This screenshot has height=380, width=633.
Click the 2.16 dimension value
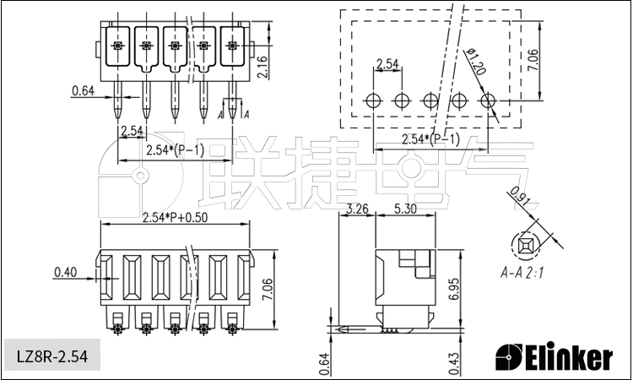(262, 67)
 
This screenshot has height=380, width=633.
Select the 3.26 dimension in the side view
(357, 209)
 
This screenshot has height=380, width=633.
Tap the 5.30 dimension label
(405, 209)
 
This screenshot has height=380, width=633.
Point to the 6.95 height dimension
(454, 289)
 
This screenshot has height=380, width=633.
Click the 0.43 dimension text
(454, 364)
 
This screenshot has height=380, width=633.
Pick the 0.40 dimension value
(65, 273)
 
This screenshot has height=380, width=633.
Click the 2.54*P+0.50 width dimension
(176, 218)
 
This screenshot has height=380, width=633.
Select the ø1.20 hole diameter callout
(476, 62)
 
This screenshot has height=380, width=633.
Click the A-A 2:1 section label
(522, 273)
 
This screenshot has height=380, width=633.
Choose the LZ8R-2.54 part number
(52, 356)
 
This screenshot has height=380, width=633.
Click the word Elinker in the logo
(569, 357)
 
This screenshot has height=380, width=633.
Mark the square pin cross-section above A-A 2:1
(525, 245)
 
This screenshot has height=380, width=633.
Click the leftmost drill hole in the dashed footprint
(373, 100)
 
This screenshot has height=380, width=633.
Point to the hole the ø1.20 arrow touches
(488, 100)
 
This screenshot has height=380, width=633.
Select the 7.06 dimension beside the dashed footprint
(533, 61)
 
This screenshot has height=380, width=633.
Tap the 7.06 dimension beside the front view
(267, 289)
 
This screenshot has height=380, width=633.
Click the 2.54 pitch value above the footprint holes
(387, 64)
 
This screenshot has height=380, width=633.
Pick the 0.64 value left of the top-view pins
(84, 91)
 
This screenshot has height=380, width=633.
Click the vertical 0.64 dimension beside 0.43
(326, 364)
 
